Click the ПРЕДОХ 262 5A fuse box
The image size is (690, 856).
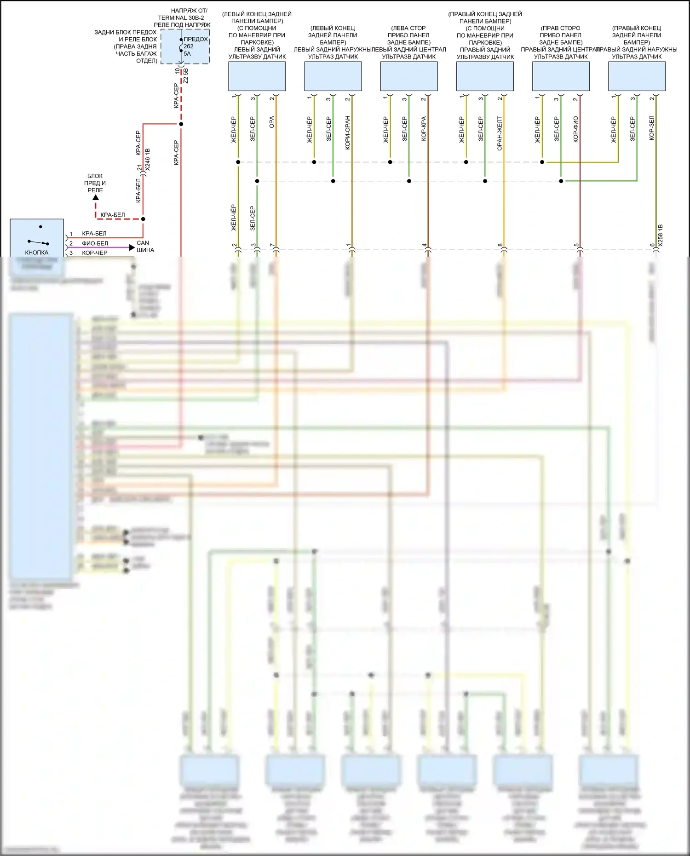coord(185,46)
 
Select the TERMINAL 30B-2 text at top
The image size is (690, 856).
coord(181,17)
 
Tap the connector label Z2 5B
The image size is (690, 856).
coord(186,76)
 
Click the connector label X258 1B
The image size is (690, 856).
coord(661,236)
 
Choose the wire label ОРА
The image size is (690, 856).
coord(272,122)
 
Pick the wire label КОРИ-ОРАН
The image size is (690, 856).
coord(348,132)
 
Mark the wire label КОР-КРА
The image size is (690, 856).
coord(424,128)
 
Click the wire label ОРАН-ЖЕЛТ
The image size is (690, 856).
coord(500,133)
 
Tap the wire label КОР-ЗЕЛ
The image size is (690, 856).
coord(652,128)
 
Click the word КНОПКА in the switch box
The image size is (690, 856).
coord(37,253)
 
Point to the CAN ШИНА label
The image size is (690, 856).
coord(145,247)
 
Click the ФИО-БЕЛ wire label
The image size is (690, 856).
coord(95,243)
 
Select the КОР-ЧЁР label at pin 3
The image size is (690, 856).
coord(94,253)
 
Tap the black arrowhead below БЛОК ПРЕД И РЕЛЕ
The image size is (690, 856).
coord(96,198)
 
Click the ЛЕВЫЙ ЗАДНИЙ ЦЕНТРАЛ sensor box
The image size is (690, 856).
coord(409,76)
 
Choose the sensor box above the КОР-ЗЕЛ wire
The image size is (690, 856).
coord(637,76)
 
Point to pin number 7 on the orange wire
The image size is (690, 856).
coord(272,246)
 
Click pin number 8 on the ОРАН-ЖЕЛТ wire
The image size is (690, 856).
coord(500,246)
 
